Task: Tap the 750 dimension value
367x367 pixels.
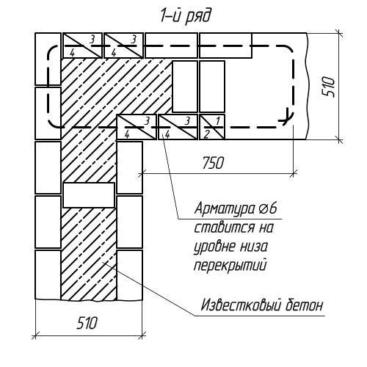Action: (213, 163)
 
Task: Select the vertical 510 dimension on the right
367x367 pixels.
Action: (329, 87)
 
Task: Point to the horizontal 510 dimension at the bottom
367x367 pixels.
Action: (87, 323)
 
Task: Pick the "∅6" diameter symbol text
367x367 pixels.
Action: (267, 209)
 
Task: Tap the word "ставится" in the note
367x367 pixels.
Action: (225, 228)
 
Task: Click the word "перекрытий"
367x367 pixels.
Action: (230, 266)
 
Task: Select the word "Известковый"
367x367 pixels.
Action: (240, 305)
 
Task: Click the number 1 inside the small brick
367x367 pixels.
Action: (218, 120)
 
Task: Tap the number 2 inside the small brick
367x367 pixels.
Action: (206, 134)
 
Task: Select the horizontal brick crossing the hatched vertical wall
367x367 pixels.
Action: (89, 195)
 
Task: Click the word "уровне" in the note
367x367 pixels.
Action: (214, 247)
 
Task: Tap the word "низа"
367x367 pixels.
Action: (254, 247)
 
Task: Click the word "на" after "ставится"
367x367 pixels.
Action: (266, 228)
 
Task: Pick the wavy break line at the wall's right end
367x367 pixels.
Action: (307, 86)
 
